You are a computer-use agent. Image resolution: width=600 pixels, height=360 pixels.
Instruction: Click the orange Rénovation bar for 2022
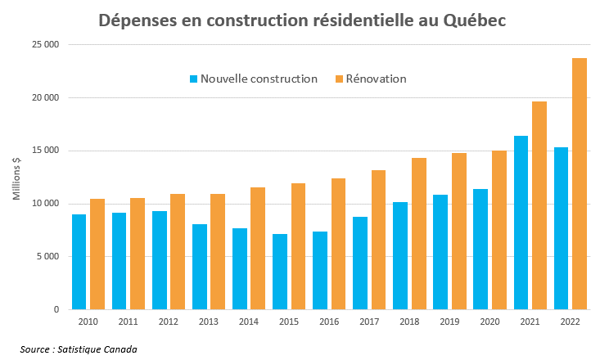point(580,184)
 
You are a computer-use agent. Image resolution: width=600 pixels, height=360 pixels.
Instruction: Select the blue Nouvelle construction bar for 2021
point(521,223)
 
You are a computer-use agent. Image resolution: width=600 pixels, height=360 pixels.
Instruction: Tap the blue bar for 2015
point(280,272)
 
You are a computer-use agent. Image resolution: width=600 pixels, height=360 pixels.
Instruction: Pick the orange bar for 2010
point(97,254)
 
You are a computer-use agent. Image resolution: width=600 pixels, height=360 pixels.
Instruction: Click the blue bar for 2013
point(200,267)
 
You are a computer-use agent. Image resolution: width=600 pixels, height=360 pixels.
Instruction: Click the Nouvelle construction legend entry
point(253,79)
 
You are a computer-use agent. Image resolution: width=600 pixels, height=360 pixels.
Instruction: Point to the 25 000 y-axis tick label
point(47,44)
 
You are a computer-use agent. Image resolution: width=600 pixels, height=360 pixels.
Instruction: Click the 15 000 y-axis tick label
point(47,151)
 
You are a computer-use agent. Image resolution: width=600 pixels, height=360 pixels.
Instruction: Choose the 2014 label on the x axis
point(249,322)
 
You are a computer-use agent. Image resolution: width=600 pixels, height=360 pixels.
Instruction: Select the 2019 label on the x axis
point(449,322)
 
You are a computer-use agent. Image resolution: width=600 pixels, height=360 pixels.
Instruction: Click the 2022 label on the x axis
point(570,322)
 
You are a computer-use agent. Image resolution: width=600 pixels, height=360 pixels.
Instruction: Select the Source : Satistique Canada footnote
point(79,349)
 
